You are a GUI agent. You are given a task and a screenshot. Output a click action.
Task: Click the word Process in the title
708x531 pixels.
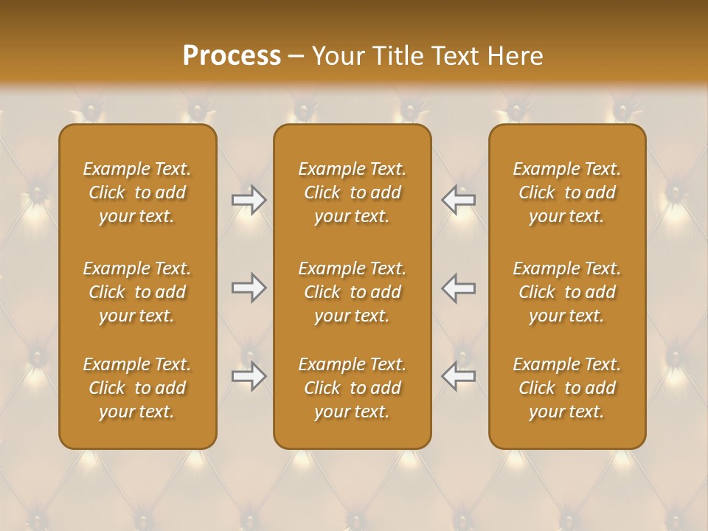tap(232, 56)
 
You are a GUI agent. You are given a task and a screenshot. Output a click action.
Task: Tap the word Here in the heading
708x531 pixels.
tap(514, 56)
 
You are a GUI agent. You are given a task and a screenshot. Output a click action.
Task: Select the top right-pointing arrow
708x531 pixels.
tap(249, 200)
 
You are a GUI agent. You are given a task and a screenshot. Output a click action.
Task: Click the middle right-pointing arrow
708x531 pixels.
tap(249, 288)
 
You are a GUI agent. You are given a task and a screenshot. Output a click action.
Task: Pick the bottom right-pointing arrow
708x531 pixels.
tap(249, 376)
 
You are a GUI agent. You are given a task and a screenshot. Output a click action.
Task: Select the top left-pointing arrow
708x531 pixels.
tap(459, 200)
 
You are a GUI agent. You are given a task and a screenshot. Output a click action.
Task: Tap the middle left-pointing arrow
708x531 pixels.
tap(459, 288)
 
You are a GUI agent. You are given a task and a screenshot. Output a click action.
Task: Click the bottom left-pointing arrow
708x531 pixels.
tap(459, 376)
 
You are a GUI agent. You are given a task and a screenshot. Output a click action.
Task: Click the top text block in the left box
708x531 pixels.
tap(137, 192)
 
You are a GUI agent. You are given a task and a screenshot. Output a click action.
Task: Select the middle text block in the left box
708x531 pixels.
tap(137, 292)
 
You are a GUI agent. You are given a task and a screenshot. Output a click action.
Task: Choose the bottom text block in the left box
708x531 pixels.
tap(137, 388)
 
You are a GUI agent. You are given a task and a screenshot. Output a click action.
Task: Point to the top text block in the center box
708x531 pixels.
tap(352, 192)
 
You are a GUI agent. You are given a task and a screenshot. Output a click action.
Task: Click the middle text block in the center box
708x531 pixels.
tap(352, 292)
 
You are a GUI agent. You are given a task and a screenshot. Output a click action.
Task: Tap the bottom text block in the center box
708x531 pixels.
tap(352, 388)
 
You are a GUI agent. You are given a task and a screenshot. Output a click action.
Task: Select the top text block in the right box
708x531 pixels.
tap(567, 192)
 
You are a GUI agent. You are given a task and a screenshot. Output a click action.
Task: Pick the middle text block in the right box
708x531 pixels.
tap(567, 292)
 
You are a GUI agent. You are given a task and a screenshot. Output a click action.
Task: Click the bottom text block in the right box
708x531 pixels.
tap(567, 388)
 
